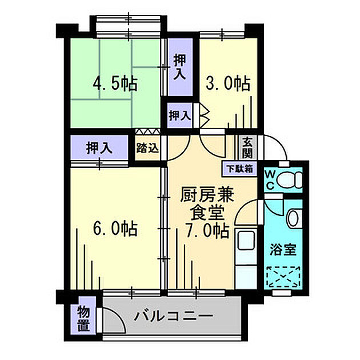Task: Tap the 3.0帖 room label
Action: pos(227,84)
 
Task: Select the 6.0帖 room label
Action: pos(115,229)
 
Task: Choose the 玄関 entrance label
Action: pos(247,147)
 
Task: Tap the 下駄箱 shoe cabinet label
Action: pos(239,169)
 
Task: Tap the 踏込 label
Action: pos(147,147)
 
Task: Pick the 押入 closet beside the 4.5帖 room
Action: pos(179,66)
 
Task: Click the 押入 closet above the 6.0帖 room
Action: pos(98,147)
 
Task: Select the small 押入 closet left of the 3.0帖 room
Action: pos(179,115)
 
